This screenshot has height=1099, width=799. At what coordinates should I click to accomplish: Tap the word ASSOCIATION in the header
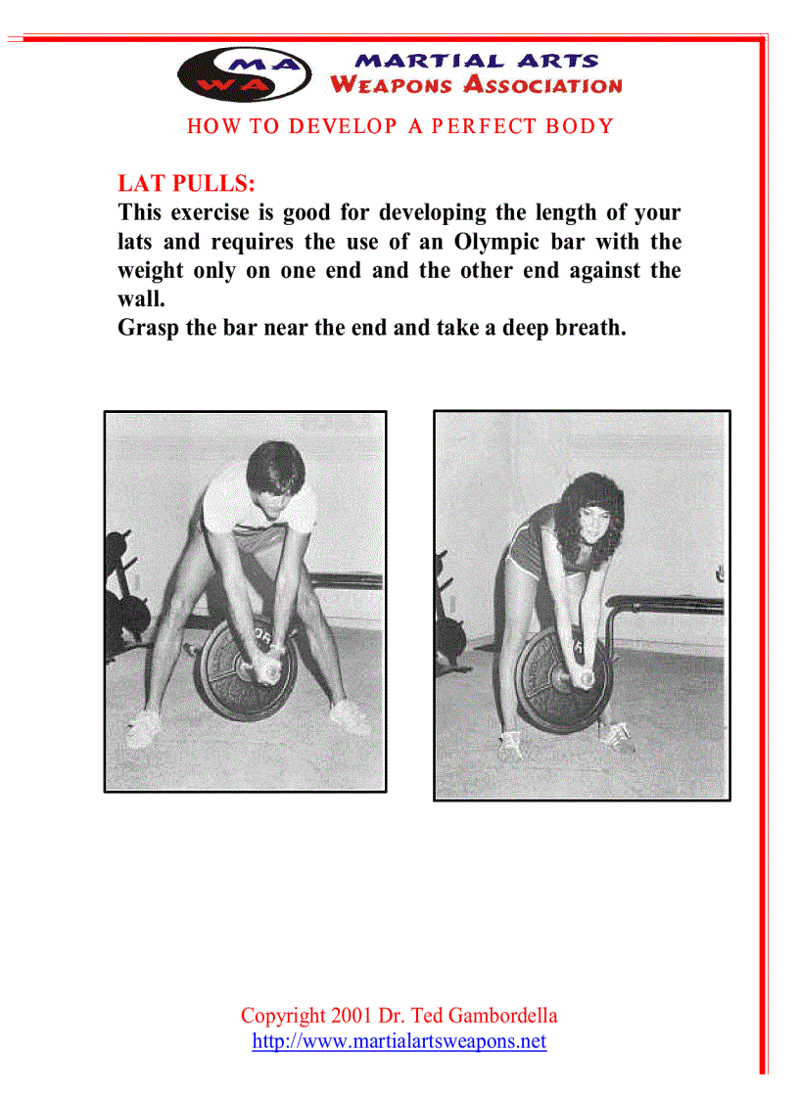pyautogui.click(x=542, y=84)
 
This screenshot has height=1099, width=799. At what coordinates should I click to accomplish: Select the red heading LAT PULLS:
pyautogui.click(x=186, y=183)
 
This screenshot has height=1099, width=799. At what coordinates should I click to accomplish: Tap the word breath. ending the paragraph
pyautogui.click(x=583, y=328)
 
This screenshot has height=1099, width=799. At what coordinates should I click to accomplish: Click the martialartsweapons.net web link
pyautogui.click(x=399, y=1041)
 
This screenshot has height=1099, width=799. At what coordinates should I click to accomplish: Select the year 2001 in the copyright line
pyautogui.click(x=352, y=1015)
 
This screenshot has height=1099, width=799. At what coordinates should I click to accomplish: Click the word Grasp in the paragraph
pyautogui.click(x=148, y=328)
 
